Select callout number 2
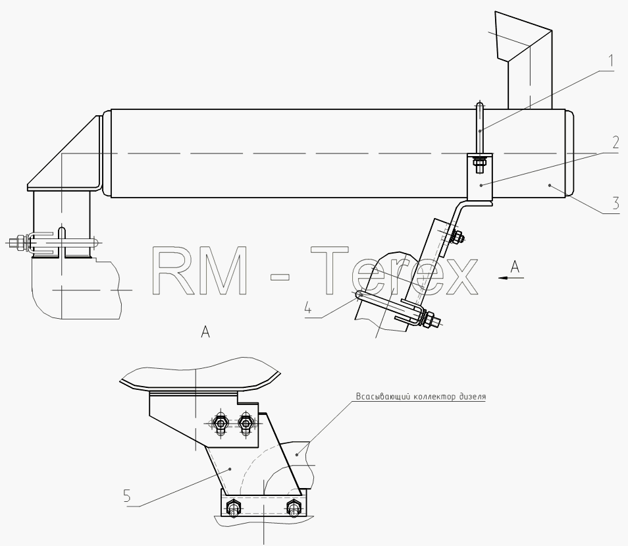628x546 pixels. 615,143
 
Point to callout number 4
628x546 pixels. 308,308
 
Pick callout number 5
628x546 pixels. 127,497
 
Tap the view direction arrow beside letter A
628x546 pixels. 511,277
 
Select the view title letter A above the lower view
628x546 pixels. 205,332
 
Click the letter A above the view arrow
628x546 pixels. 515,266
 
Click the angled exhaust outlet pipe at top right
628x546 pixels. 525,60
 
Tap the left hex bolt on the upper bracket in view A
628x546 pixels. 219,423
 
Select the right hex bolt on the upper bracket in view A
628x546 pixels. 245,423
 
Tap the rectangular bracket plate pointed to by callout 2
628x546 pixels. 480,178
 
